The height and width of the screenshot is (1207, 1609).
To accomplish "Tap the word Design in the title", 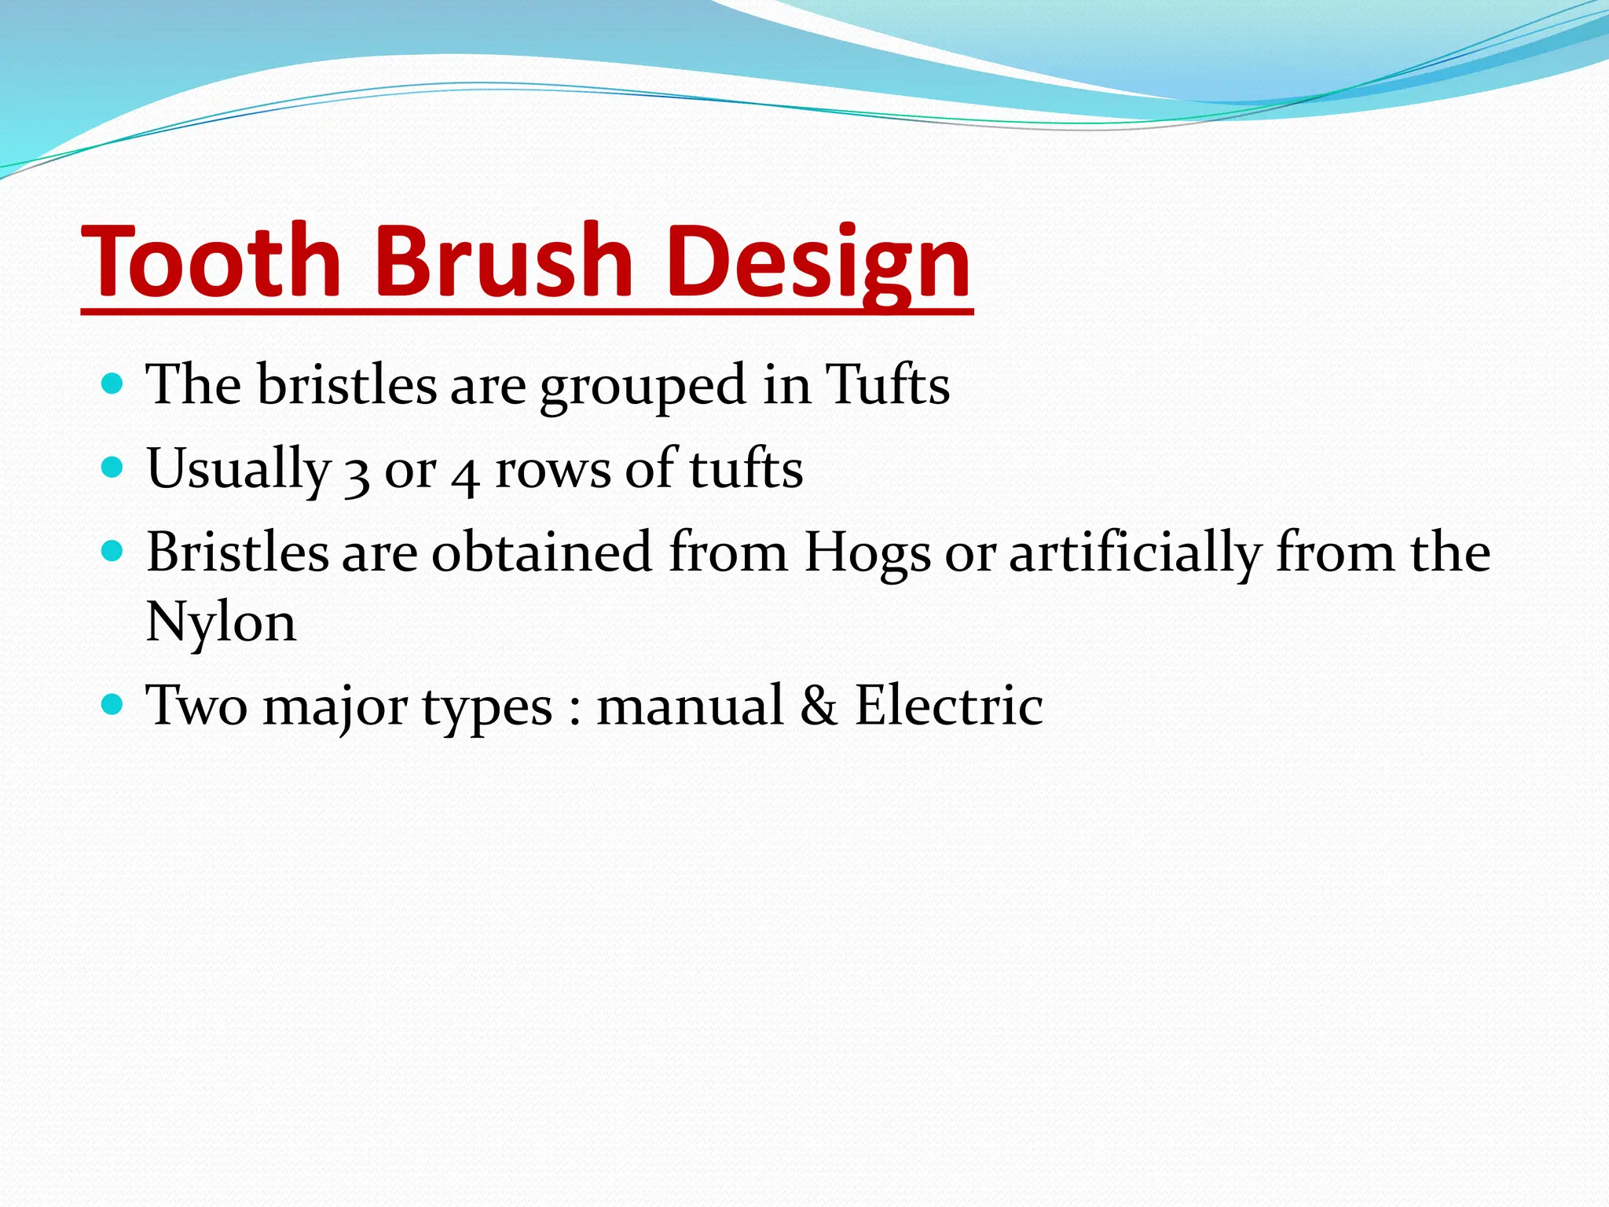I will tap(817, 263).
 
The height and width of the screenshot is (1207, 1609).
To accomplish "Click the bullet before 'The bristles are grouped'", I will tap(113, 384).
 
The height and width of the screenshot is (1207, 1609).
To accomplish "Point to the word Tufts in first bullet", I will tap(887, 385).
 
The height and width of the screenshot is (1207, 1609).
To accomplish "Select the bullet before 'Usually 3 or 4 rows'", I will tap(113, 468).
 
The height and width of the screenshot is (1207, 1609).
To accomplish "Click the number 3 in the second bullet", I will tap(357, 474).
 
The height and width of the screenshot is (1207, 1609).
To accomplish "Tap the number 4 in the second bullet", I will tap(465, 474).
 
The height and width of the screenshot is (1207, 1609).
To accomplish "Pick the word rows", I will tap(552, 470).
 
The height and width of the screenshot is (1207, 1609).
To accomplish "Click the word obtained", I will tap(541, 552).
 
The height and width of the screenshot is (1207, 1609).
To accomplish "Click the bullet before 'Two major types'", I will tap(113, 704).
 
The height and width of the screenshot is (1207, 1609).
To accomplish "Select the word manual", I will tap(690, 706).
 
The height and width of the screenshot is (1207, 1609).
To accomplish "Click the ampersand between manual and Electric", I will tap(819, 706).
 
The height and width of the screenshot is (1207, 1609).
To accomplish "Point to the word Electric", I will tap(948, 706).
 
